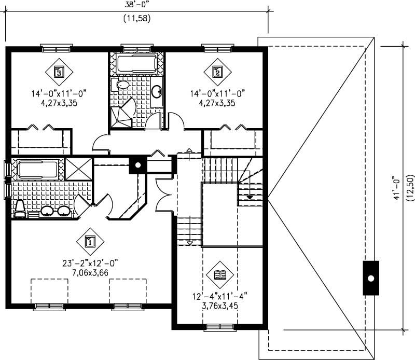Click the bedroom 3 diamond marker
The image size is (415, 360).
pos(59,72)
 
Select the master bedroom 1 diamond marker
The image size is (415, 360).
pos(89,241)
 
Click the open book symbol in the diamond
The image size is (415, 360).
pos(220,273)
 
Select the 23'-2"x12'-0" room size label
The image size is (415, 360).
pos(89,264)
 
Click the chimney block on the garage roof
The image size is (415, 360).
pos(370,278)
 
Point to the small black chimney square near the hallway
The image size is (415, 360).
pos(137,165)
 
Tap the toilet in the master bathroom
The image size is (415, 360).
pos(20,208)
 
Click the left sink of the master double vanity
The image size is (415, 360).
pos(47,211)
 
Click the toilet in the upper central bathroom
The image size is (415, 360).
pos(122,85)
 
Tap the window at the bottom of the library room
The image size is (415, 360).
pos(219,327)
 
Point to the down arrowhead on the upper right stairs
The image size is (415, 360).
pos(250,197)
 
